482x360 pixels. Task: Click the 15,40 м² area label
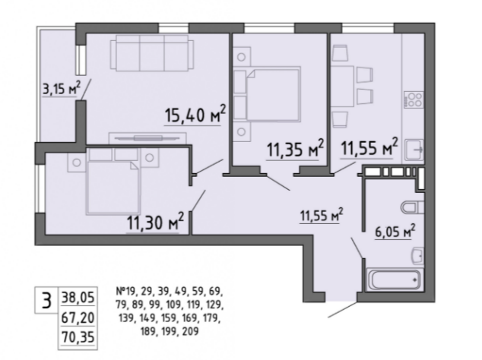coord(195,114)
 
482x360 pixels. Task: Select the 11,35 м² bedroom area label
coord(295,149)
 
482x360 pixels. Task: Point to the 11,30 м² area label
coord(155,221)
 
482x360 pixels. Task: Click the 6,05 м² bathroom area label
coord(395,231)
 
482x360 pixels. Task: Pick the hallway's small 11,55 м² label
coord(322,215)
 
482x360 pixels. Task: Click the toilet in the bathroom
coord(413,207)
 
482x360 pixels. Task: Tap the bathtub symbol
coord(395,279)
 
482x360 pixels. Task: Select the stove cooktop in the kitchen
coord(414,99)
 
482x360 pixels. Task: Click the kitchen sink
coord(414,150)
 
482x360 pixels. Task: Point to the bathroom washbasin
coord(418,255)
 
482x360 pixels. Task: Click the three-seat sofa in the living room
coord(152,52)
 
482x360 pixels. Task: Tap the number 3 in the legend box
coord(46,301)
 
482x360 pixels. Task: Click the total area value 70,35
coord(78,337)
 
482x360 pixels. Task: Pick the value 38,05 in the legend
coord(78,297)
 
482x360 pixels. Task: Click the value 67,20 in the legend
coord(78,317)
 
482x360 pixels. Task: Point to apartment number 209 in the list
coord(191,331)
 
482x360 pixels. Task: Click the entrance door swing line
coord(343,308)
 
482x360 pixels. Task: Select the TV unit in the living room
coord(147,138)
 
